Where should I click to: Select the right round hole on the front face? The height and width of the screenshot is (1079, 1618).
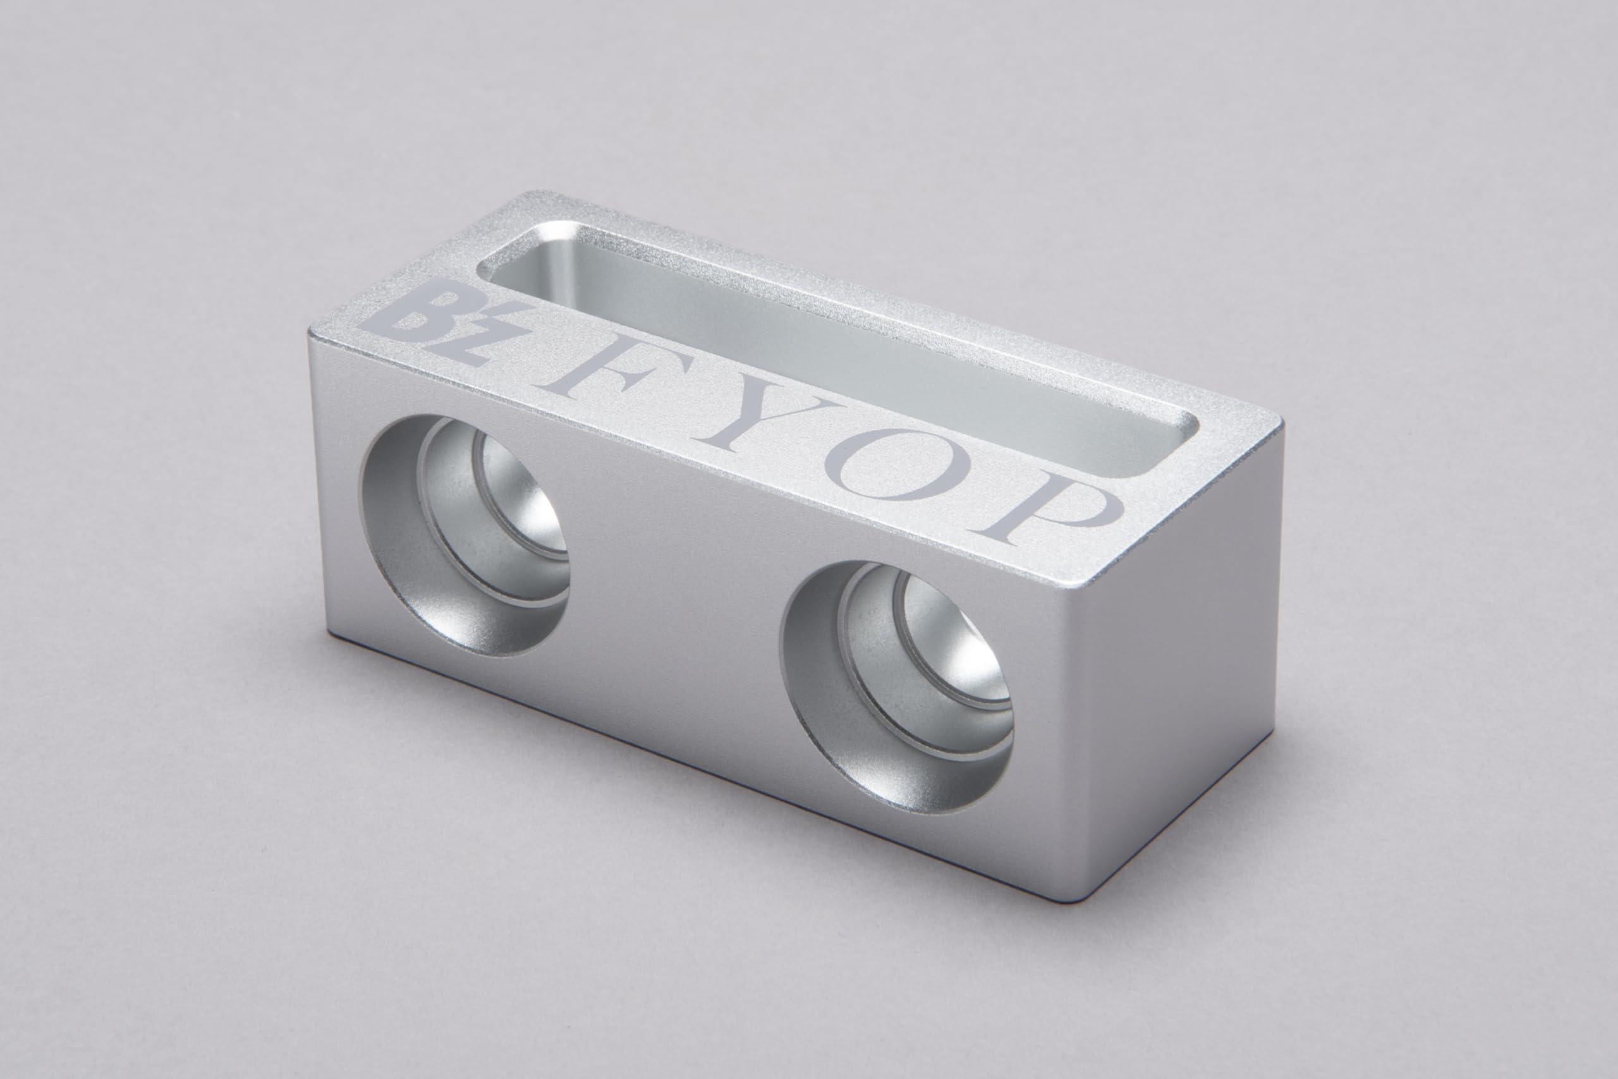897,688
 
